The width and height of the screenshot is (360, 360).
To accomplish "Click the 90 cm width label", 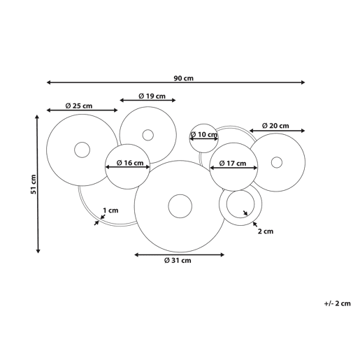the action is click(184, 78).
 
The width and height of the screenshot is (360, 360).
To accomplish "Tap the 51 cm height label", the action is click(34, 184).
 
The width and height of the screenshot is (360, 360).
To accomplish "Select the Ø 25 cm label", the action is click(79, 106).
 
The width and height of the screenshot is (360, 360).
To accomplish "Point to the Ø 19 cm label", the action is click(152, 96).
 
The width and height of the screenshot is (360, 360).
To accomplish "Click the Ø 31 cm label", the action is click(178, 260).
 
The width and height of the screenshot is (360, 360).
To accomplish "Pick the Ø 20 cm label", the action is click(275, 126).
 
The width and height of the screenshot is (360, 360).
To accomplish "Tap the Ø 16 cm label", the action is click(130, 163).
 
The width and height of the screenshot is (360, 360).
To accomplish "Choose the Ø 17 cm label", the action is click(233, 164).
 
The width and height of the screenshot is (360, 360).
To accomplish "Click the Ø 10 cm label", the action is click(203, 135).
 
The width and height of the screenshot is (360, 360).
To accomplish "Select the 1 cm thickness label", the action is click(110, 210).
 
